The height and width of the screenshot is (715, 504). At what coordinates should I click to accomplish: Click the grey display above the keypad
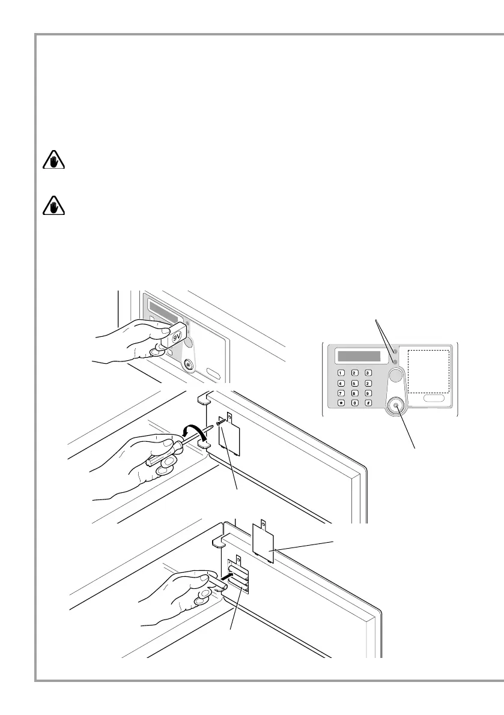tap(359, 356)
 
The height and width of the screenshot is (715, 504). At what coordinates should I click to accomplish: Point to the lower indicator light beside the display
tap(395, 361)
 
